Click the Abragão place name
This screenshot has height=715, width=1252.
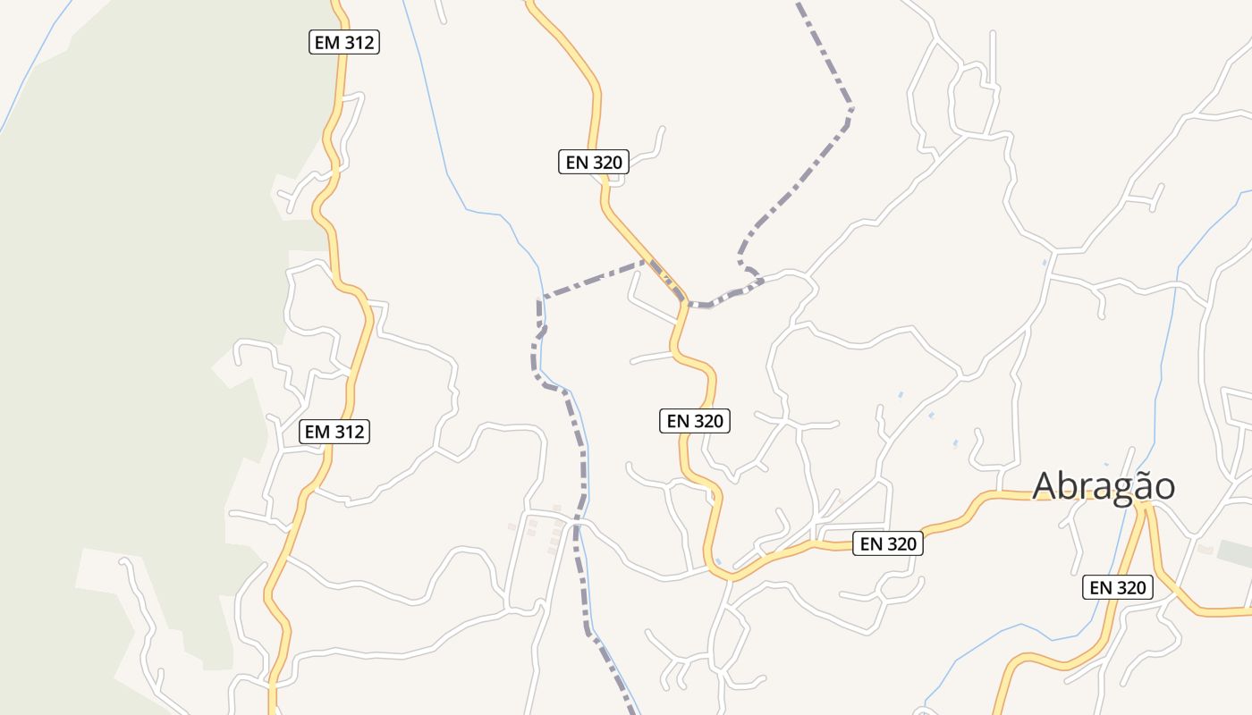1104,486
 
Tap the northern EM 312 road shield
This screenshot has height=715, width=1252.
344,41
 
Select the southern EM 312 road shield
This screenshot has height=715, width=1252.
334,432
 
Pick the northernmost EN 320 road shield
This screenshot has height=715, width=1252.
594,162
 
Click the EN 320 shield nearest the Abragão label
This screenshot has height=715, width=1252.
1118,587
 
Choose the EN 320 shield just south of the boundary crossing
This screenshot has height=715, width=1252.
695,421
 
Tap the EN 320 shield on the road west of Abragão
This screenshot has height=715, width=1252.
887,543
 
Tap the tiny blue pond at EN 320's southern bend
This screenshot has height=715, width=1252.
717,561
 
